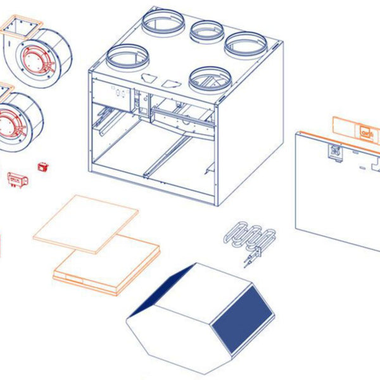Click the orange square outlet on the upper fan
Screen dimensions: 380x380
[23, 27]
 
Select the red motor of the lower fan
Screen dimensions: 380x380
[11, 124]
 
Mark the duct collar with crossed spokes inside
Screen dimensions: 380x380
[211, 79]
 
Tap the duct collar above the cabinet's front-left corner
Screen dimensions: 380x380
[127, 58]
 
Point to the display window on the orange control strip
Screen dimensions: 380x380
[366, 132]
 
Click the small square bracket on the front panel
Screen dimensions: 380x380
[334, 153]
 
